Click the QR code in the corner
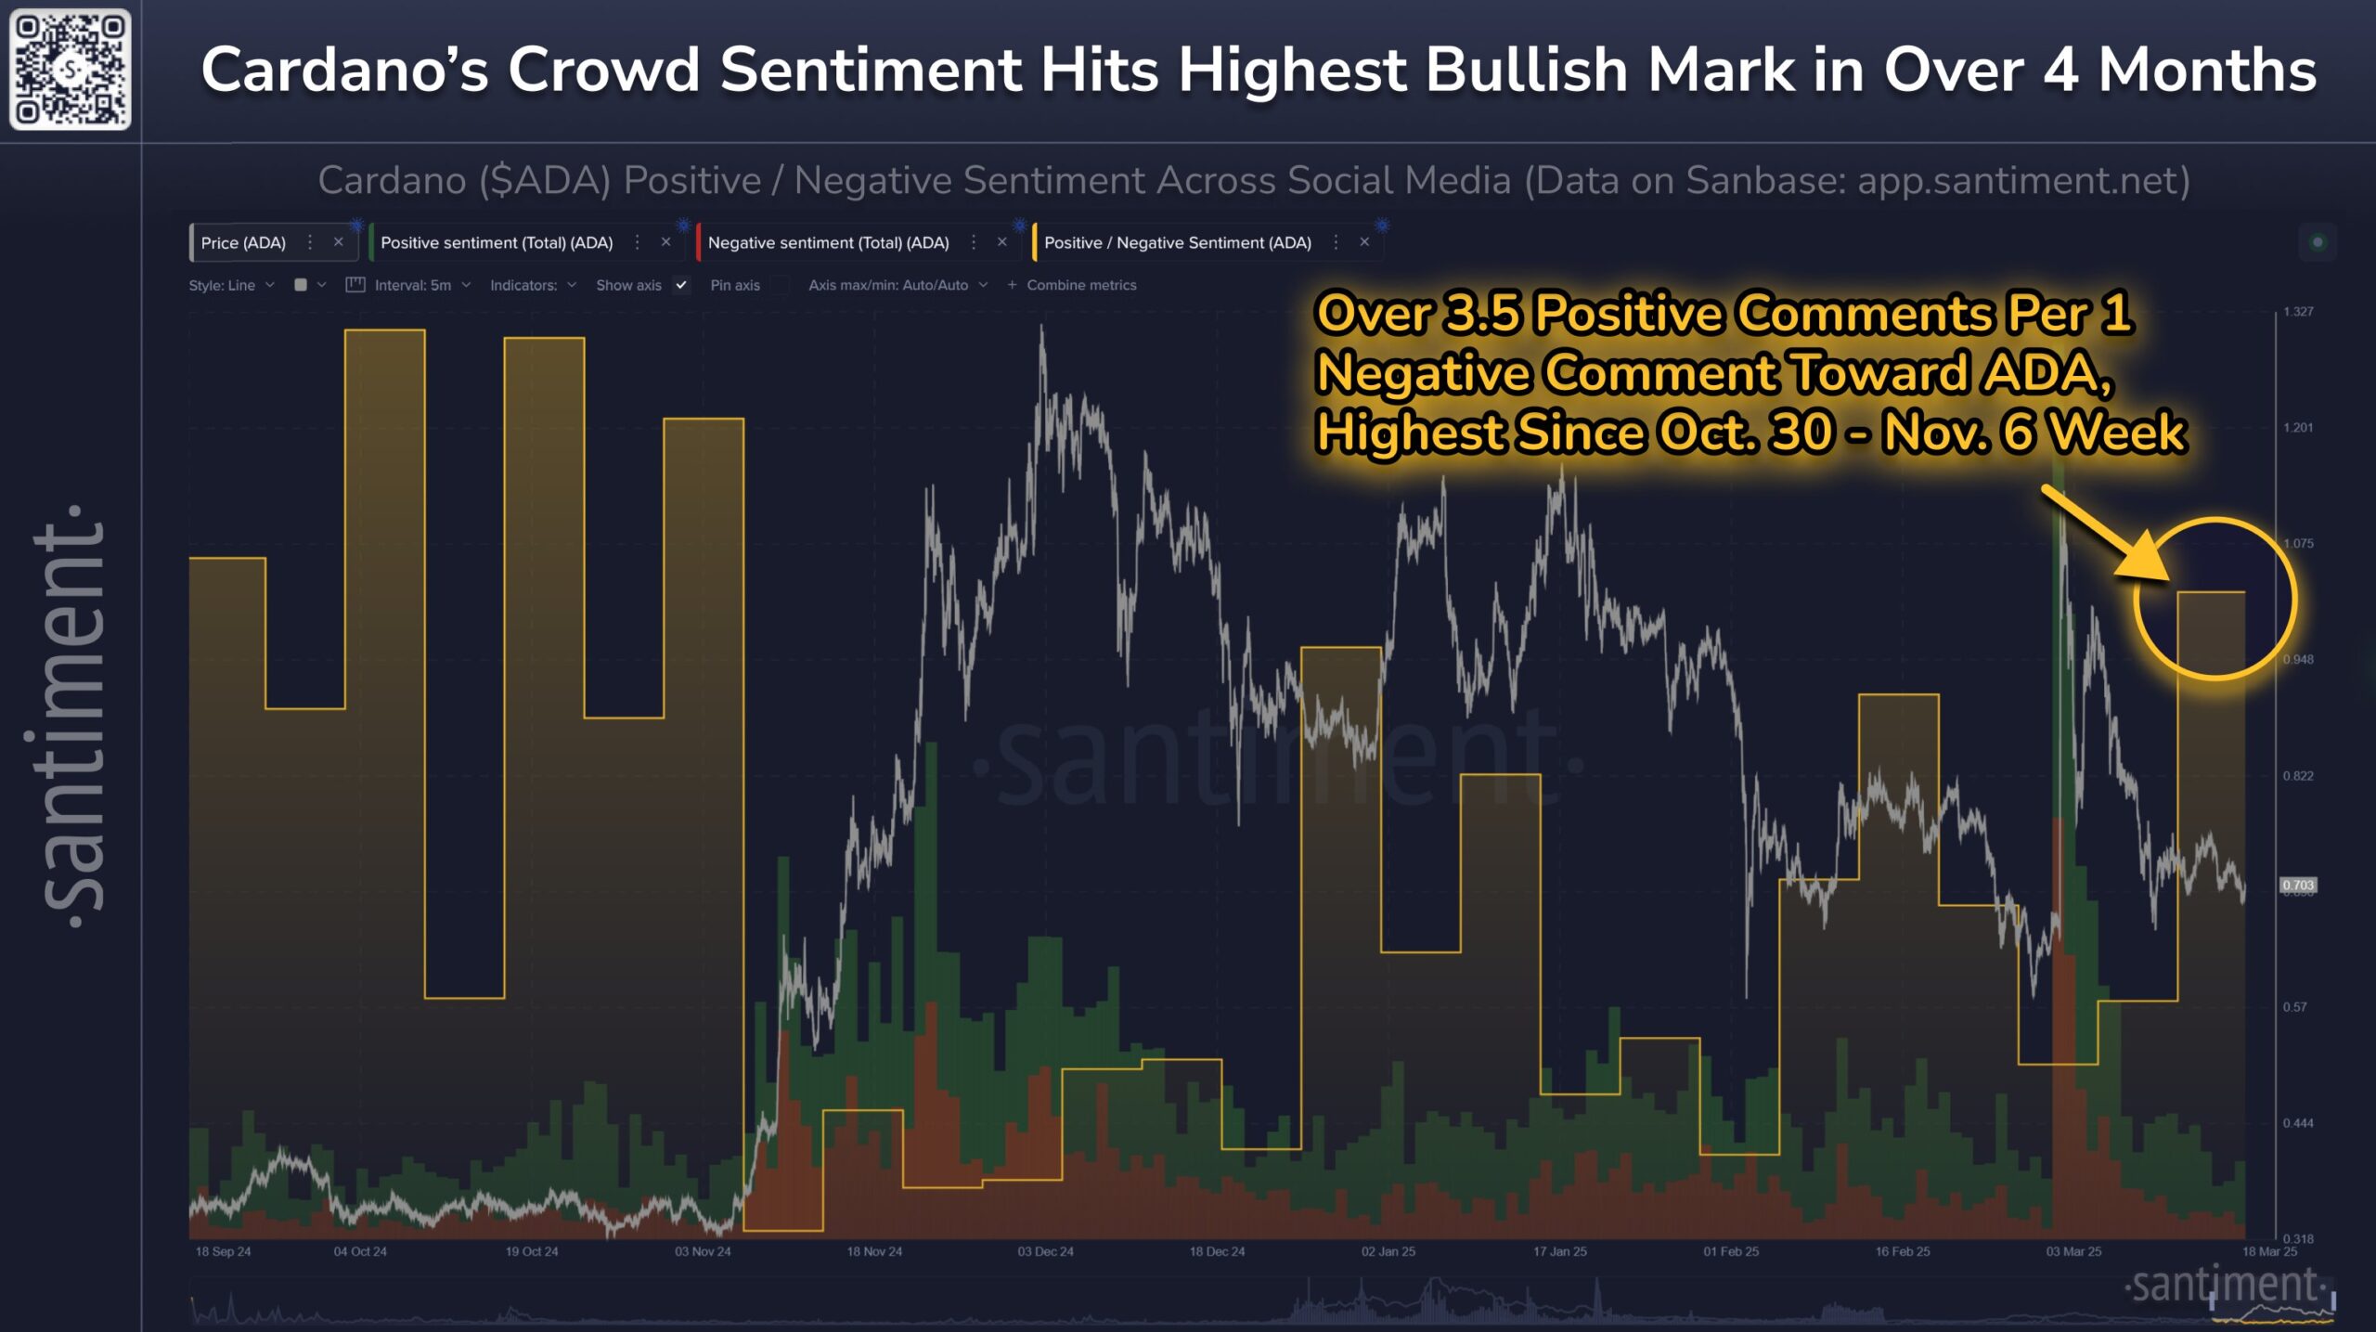[x=70, y=70]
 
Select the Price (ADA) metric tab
[x=243, y=243]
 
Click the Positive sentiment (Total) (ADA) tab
[x=497, y=243]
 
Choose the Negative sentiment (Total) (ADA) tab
[x=828, y=243]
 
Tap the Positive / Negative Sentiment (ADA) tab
[x=1177, y=243]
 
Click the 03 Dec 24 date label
[x=1045, y=1251]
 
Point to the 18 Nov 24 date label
[x=873, y=1251]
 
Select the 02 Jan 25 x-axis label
[x=1388, y=1251]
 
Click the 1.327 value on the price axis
[x=2298, y=312]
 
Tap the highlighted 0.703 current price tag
[x=2298, y=886]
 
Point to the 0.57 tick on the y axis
[x=2294, y=1007]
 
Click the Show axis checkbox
[x=681, y=285]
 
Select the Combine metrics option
[x=1080, y=285]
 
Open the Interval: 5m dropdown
[x=413, y=285]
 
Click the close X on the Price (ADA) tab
[x=339, y=242]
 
